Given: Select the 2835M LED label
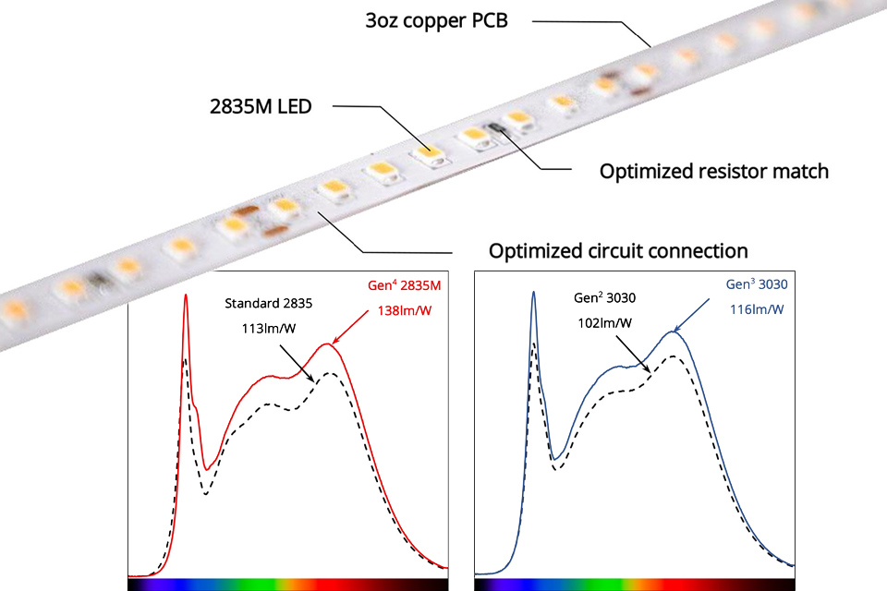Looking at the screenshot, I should click(261, 105).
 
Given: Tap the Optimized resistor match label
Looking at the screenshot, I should click(713, 171).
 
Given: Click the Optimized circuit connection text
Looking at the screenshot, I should click(617, 250).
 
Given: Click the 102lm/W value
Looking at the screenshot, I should click(605, 323).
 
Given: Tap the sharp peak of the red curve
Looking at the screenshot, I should click(186, 296).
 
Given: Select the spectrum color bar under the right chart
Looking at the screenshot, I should click(633, 585).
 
